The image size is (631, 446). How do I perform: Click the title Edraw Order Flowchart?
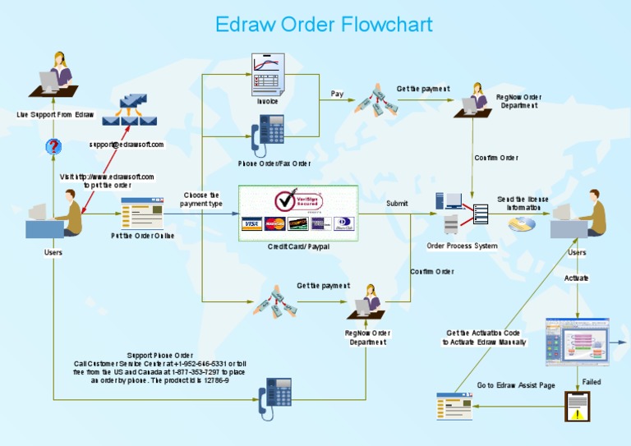pyautogui.click(x=324, y=24)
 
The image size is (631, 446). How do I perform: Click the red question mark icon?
pyautogui.click(x=53, y=147)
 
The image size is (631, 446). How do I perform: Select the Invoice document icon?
pyautogui.click(x=268, y=74)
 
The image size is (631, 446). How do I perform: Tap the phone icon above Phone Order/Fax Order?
pyautogui.click(x=270, y=134)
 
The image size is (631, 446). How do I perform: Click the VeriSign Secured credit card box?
pyautogui.click(x=298, y=213)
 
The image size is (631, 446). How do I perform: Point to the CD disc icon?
pyautogui.click(x=521, y=223)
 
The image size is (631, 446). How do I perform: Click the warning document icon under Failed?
pyautogui.click(x=578, y=406)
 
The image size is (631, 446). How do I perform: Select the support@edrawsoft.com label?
pyautogui.click(x=127, y=145)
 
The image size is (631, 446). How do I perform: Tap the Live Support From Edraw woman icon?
pyautogui.click(x=58, y=77)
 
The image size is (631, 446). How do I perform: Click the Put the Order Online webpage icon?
pyautogui.click(x=137, y=213)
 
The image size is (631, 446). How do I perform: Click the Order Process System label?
pyautogui.click(x=462, y=246)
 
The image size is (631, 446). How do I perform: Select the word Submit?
pyautogui.click(x=397, y=203)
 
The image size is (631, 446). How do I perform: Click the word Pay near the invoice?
pyautogui.click(x=337, y=94)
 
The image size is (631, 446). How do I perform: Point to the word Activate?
pyautogui.click(x=577, y=278)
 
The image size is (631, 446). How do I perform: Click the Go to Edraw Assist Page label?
pyautogui.click(x=516, y=385)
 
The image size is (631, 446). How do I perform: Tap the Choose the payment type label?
pyautogui.click(x=201, y=200)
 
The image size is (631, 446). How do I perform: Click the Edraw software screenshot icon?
pyautogui.click(x=578, y=341)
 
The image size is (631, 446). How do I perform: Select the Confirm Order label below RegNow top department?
pyautogui.click(x=496, y=158)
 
